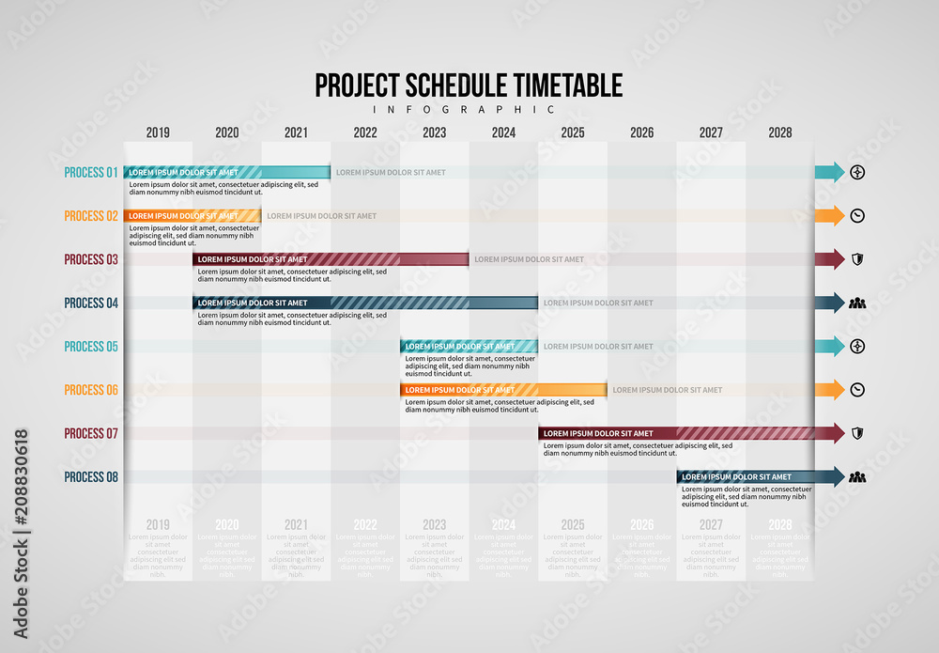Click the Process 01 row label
click(x=91, y=172)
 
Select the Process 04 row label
click(x=91, y=303)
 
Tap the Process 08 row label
click(x=91, y=477)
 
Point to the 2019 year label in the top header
click(x=158, y=132)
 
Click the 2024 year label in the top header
click(x=503, y=132)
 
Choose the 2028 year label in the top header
click(x=779, y=132)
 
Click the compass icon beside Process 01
click(x=856, y=172)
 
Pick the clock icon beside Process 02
click(x=856, y=216)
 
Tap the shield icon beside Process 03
click(x=856, y=259)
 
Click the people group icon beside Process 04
click(x=856, y=303)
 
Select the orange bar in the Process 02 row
click(x=192, y=216)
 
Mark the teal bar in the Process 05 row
click(x=469, y=346)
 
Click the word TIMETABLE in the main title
click(x=568, y=86)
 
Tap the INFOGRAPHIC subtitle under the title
click(x=469, y=109)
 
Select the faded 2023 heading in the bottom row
click(x=434, y=525)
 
